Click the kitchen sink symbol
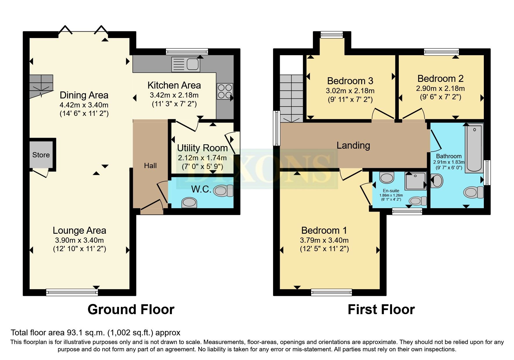(x=185, y=64)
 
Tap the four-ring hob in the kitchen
(x=225, y=91)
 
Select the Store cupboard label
(x=41, y=155)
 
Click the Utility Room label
(x=202, y=148)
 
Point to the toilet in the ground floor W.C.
(x=223, y=191)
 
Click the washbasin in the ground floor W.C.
(x=189, y=202)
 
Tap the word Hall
(x=150, y=165)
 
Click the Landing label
(x=353, y=145)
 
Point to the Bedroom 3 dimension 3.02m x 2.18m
(x=350, y=91)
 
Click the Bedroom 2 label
(x=440, y=78)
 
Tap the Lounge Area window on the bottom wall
(x=72, y=292)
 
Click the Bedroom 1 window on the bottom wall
(x=331, y=292)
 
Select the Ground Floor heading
(x=131, y=309)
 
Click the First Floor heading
(x=381, y=309)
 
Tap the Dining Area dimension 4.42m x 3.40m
(x=84, y=105)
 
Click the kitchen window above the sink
(x=187, y=52)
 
